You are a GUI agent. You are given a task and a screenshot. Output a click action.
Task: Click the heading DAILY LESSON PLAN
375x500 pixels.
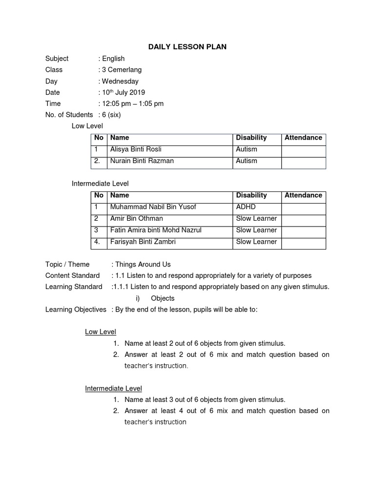[187, 47]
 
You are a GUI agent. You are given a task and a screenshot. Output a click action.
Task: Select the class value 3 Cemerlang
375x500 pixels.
[122, 70]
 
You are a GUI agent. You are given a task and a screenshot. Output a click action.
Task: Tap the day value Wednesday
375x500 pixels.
[120, 82]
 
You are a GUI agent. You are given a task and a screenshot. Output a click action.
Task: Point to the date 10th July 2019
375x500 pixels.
[123, 92]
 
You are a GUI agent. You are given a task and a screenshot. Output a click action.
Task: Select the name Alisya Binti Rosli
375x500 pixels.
[135, 149]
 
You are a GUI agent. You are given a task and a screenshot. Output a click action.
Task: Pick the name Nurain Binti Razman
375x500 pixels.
[142, 161]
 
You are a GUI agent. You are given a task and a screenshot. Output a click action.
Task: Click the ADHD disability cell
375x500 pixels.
[246, 207]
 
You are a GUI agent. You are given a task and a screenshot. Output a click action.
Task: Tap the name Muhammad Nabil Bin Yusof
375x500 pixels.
[153, 207]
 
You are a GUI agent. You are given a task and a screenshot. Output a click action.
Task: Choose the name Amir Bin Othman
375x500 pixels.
[136, 218]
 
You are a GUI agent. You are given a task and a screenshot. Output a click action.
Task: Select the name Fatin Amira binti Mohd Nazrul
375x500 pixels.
[155, 230]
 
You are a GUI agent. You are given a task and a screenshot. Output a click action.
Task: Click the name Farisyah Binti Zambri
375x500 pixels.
[143, 242]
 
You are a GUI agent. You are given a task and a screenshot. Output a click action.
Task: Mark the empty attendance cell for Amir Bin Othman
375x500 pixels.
[303, 218]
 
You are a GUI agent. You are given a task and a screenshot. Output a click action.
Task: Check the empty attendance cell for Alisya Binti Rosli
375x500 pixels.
[303, 149]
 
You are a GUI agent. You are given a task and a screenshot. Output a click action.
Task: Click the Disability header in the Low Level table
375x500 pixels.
[251, 138]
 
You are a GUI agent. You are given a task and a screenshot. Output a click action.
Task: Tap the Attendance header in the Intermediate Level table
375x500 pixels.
[303, 195]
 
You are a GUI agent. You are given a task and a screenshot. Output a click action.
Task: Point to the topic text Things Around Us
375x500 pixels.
[143, 264]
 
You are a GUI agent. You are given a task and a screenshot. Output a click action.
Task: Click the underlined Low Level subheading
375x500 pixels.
[101, 332]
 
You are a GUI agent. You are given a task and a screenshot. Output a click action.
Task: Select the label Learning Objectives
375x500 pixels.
[76, 310]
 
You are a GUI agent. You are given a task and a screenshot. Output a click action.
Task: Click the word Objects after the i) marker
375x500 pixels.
[163, 298]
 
